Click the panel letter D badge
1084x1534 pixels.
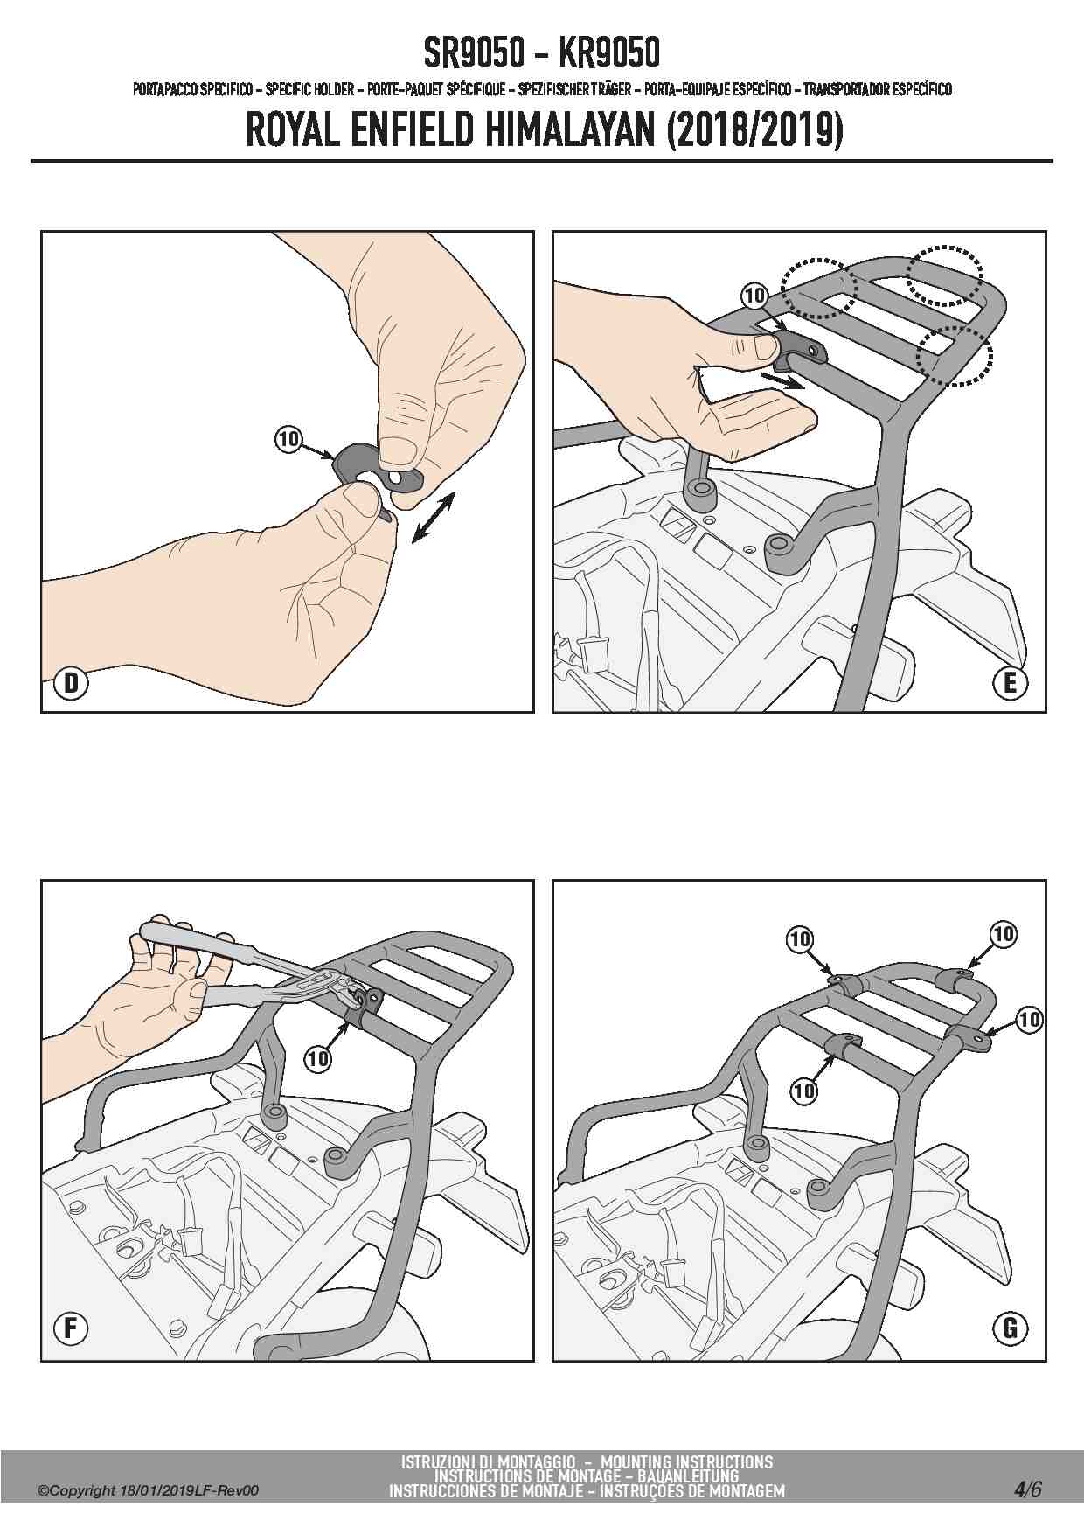pos(71,682)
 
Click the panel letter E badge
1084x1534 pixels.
pos(1011,682)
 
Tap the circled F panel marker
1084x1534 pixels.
pos(71,1329)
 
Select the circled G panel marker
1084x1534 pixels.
pos(1011,1329)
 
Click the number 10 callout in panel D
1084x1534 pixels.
pos(288,438)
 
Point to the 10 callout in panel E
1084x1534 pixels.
pos(754,296)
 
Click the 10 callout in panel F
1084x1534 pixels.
pos(318,1059)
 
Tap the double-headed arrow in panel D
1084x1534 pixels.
pos(433,517)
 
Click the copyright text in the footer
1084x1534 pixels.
pos(148,1491)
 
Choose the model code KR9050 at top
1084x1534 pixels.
pos(609,54)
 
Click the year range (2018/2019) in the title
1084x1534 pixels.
pos(754,132)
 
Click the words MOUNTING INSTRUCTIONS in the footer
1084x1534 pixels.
pos(686,1461)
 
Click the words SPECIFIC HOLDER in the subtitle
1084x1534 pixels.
pos(309,89)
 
